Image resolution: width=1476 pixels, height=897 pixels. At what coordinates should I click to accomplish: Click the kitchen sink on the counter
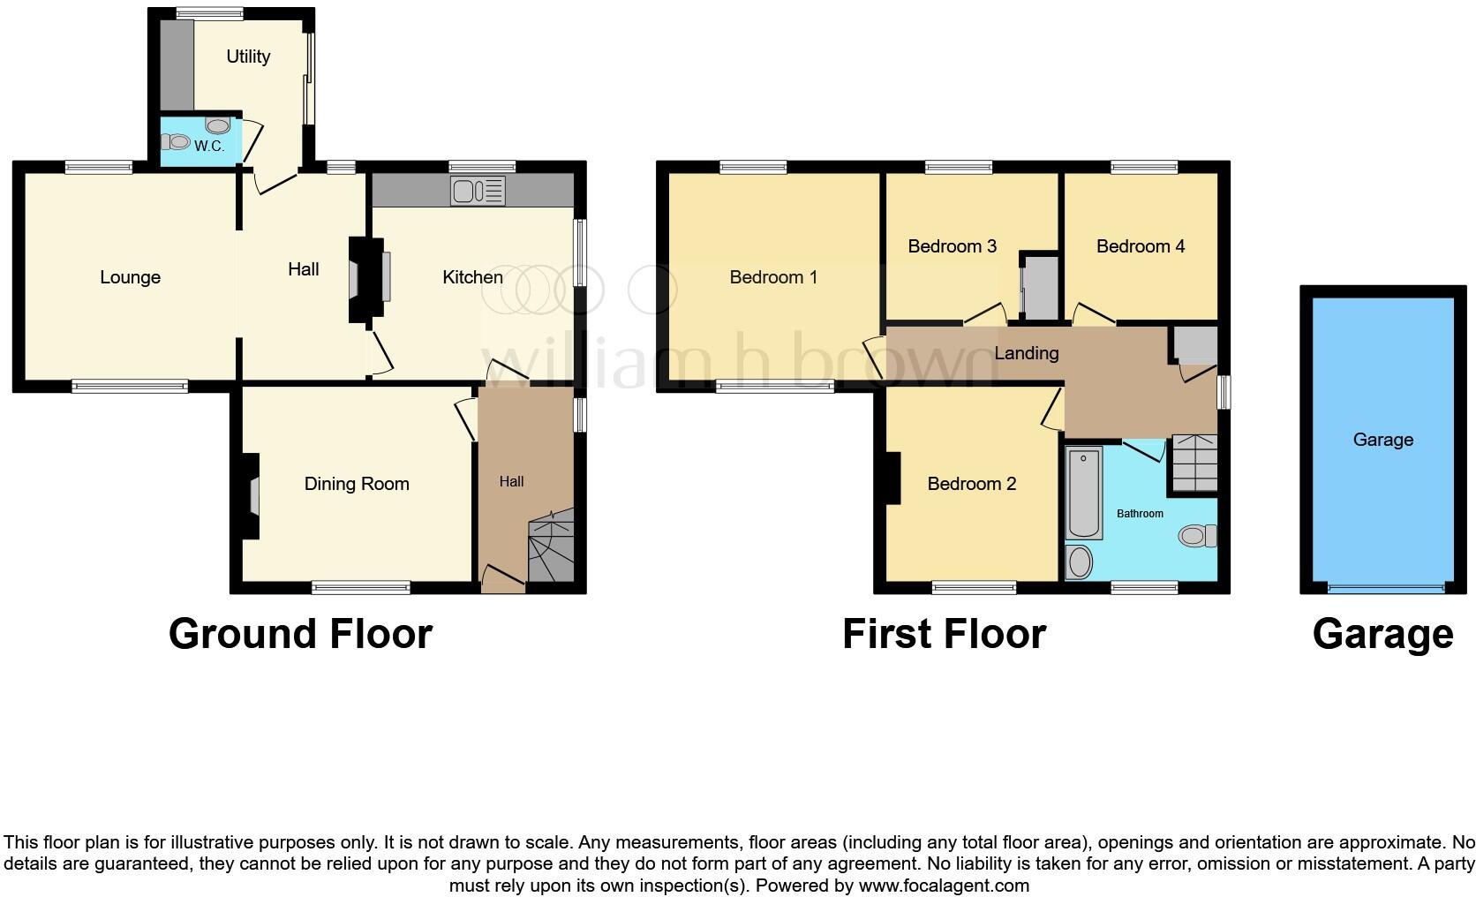coord(477,191)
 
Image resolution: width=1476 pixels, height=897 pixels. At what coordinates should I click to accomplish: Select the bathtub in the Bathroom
coord(1084,493)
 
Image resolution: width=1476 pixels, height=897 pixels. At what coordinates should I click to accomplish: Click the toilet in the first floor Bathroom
coord(1198,535)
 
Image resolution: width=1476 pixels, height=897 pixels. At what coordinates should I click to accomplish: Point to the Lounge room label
coord(130,277)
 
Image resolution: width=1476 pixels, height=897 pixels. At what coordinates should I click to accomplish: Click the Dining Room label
coord(357,484)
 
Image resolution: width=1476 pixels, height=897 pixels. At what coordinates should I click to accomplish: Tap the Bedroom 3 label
coord(952,246)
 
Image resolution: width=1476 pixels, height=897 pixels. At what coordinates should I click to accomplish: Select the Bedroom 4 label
coord(1140,246)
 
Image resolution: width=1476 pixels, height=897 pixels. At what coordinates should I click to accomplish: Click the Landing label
coord(1026,353)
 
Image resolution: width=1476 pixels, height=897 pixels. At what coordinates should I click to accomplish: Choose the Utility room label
coord(248,57)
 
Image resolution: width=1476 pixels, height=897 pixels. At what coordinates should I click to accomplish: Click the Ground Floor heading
coord(300,634)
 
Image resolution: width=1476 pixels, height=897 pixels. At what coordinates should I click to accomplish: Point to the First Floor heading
coord(944,634)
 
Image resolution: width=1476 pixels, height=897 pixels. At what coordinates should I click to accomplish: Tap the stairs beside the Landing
coord(1194,464)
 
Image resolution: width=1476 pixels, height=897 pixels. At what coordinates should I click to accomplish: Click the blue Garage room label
coord(1382,440)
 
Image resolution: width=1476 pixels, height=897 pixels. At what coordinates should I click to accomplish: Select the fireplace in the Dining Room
coord(252,495)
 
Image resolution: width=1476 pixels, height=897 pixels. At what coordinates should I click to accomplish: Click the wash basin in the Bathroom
coord(1079,562)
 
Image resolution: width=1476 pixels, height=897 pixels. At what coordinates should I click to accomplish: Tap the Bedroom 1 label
coord(773,277)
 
